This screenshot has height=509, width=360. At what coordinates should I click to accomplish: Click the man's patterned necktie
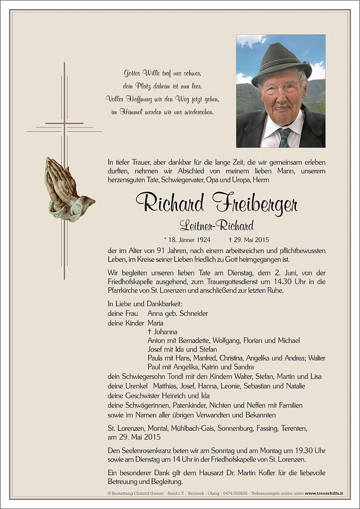tap(284, 137)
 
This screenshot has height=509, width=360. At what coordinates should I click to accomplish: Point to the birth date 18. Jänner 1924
tap(187, 240)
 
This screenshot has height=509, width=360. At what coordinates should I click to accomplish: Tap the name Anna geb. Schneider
tap(177, 314)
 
